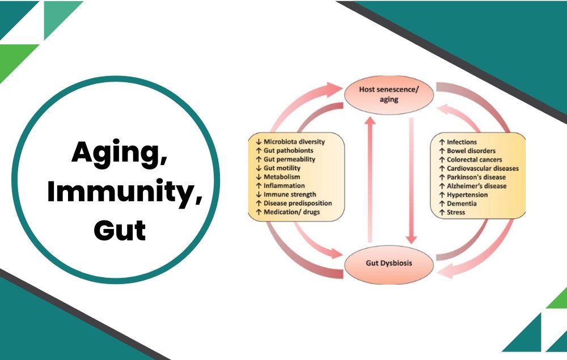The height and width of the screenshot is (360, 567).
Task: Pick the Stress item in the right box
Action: [455, 212]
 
